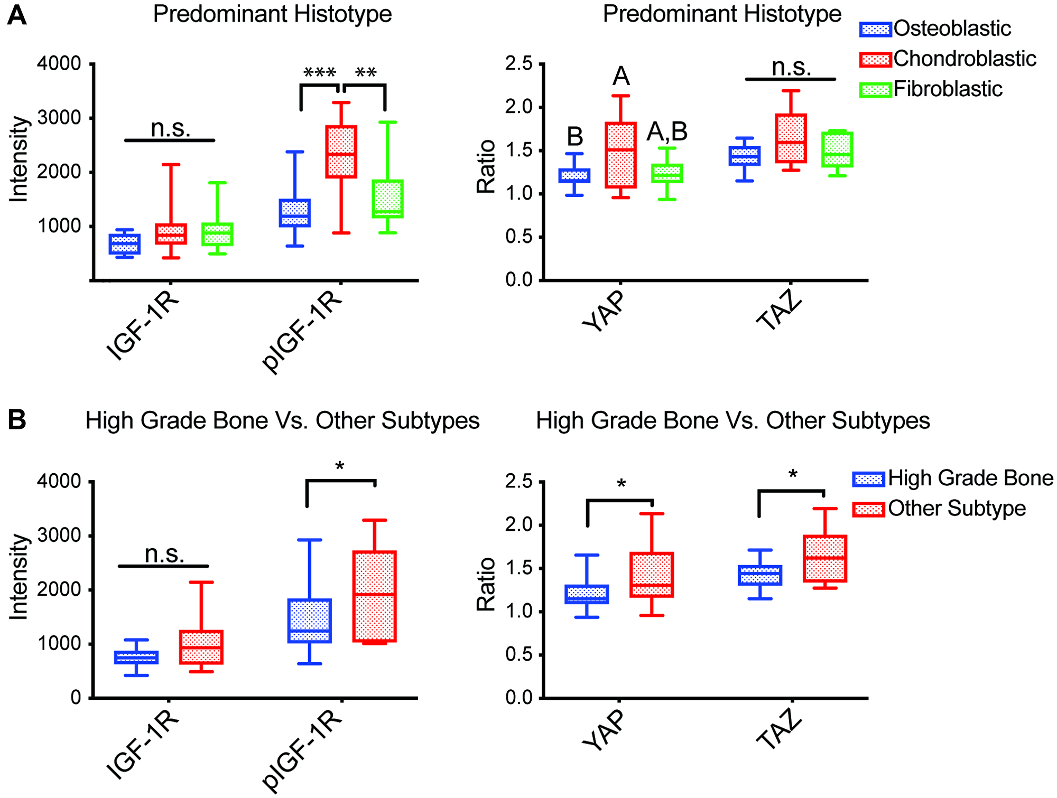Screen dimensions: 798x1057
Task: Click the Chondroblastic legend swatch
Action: (x=875, y=59)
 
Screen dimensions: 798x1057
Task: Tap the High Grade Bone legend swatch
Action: (x=868, y=479)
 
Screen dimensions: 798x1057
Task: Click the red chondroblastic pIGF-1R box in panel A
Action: (x=341, y=152)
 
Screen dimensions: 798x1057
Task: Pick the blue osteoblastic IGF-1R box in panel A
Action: (x=124, y=244)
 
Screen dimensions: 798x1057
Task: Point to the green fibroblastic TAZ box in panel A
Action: (x=837, y=149)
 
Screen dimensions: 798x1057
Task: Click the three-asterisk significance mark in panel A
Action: (x=320, y=73)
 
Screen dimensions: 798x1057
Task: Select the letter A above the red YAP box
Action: (x=621, y=77)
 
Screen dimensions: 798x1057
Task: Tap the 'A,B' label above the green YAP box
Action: (x=667, y=132)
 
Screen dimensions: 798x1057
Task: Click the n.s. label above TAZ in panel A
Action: (x=791, y=68)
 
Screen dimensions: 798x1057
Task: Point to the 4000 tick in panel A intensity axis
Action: (x=59, y=64)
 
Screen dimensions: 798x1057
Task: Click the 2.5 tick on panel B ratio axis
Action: (x=518, y=482)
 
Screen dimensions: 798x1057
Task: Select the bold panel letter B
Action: (x=17, y=420)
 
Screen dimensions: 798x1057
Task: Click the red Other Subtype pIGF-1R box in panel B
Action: (x=375, y=596)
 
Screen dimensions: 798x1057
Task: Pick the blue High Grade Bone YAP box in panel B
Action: (x=587, y=594)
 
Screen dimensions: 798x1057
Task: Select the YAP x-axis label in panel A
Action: (x=604, y=312)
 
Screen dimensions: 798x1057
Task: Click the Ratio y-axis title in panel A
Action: (x=486, y=166)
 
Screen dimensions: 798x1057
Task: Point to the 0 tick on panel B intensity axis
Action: (x=76, y=698)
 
